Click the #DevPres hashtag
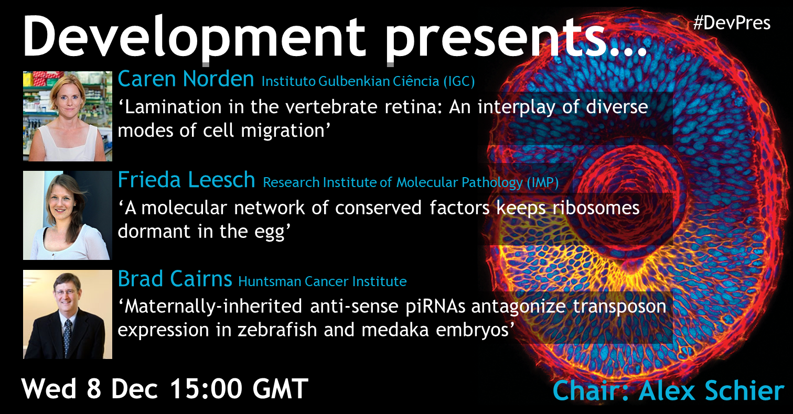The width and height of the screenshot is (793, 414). (x=732, y=24)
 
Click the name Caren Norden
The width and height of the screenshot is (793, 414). (x=186, y=79)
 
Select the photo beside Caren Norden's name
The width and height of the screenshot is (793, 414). (x=68, y=116)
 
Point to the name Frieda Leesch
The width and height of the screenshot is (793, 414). (x=186, y=179)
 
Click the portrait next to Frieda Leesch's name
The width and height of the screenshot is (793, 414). (x=68, y=215)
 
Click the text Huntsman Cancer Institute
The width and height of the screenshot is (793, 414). (x=323, y=281)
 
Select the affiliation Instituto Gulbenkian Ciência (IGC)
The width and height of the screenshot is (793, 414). (x=368, y=81)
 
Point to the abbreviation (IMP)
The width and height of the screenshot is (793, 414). (x=542, y=182)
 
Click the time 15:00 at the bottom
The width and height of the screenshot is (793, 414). (x=206, y=389)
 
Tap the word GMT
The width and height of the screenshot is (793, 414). (x=280, y=389)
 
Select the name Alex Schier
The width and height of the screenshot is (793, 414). (x=712, y=391)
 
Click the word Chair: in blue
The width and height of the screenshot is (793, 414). (x=591, y=391)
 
